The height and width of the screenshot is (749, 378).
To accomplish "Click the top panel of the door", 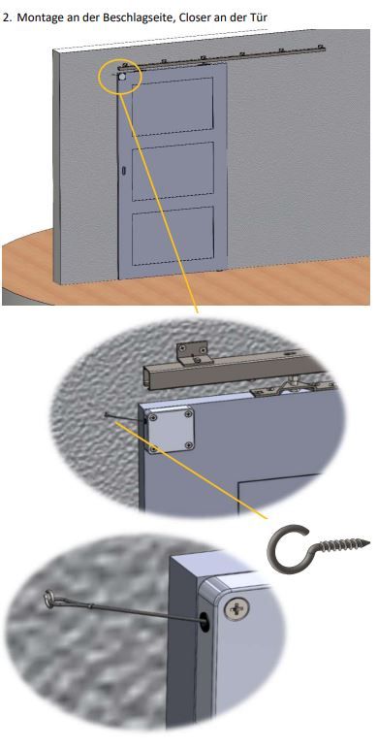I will tap(173, 107).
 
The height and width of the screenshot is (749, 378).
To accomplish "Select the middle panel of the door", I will tap(173, 172).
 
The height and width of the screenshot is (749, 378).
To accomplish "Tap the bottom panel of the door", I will tap(172, 239).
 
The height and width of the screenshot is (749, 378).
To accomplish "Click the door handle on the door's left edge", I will tap(125, 171).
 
